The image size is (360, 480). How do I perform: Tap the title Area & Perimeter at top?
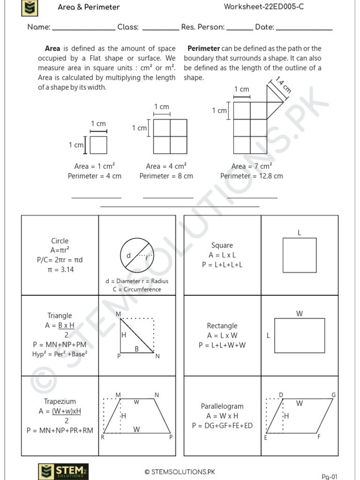click(89, 7)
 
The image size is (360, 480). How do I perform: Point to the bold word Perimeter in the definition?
click(203, 48)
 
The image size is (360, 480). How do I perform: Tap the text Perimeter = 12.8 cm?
click(252, 176)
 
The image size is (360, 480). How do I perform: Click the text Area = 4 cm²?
click(166, 166)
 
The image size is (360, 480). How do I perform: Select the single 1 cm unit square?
click(98, 145)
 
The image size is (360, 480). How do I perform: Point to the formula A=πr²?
click(60, 250)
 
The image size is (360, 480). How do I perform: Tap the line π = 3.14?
click(60, 270)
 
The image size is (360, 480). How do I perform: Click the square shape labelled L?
click(300, 255)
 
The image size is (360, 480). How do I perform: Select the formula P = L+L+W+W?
click(222, 345)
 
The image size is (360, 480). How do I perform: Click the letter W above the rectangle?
click(299, 314)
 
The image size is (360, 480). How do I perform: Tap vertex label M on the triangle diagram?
click(118, 314)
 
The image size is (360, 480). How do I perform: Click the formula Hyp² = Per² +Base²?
click(60, 354)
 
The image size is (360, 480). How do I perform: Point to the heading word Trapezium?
click(60, 402)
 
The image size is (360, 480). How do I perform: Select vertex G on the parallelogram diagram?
click(333, 395)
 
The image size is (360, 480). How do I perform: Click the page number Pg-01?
click(330, 477)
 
